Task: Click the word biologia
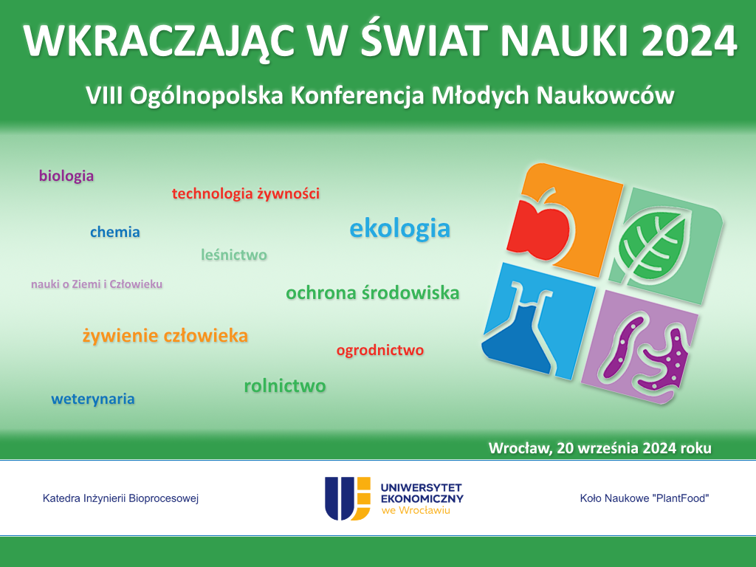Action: (66, 176)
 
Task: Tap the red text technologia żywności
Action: (245, 194)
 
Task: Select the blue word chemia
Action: (114, 232)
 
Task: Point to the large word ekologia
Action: (399, 229)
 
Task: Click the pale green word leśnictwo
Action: (234, 255)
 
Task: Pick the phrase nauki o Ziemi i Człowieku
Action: (97, 284)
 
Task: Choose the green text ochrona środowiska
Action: (372, 292)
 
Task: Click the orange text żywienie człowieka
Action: (165, 336)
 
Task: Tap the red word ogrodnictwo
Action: (380, 350)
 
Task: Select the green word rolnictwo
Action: (285, 385)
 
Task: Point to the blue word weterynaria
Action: (92, 399)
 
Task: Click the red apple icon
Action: (539, 226)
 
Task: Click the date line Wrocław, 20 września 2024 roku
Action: (599, 448)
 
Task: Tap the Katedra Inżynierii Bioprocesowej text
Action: (120, 498)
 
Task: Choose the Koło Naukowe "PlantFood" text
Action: (644, 498)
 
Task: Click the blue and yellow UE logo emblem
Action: (348, 498)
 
